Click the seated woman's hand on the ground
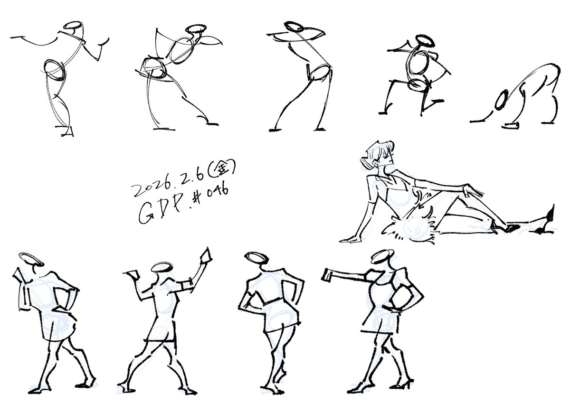(351, 239)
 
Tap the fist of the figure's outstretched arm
(328, 274)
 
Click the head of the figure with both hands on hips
(257, 258)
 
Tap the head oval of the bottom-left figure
(29, 259)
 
